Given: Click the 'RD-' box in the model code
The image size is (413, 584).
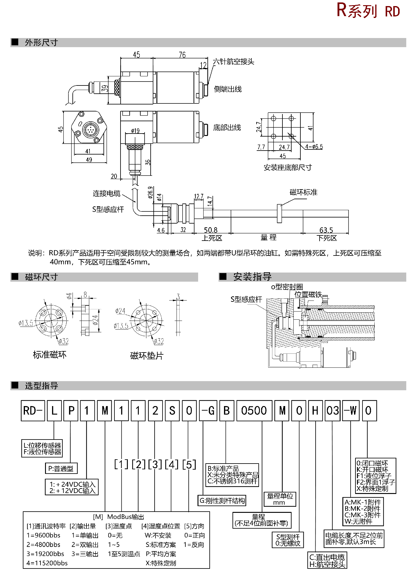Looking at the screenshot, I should coord(33,411).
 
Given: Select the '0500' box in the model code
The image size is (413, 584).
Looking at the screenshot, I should coord(254,411).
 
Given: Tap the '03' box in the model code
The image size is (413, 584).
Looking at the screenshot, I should coord(332,411).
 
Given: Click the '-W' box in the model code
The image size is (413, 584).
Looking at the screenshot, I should coord(351,411).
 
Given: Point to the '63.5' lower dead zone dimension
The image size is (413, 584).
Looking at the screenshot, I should coord(326,230).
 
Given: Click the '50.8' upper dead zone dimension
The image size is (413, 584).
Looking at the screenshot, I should coord(211,230).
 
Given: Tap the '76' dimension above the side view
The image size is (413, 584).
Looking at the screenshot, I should coord(182,55).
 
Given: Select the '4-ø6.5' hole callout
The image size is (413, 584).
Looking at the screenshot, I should coord(314,147).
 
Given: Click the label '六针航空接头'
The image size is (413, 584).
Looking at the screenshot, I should coord(233,62).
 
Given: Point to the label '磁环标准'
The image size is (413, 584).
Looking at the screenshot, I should coord(303,192).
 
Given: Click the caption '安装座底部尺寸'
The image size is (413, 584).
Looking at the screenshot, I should coord(288,168).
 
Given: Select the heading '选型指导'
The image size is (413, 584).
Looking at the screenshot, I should coord(41,386).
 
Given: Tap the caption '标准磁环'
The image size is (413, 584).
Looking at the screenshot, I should coord(50,355).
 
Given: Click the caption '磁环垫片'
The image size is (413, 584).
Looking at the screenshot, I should coord(147,356).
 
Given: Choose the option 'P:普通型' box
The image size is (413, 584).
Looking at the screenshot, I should coord(61,468).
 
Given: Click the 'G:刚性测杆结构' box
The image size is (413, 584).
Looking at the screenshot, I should coord(222,501).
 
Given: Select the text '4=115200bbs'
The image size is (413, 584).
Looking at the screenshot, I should coord(47,563).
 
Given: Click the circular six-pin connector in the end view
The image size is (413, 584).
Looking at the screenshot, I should coord(89,130).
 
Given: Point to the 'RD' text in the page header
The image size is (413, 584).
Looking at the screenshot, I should coord(392,12).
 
